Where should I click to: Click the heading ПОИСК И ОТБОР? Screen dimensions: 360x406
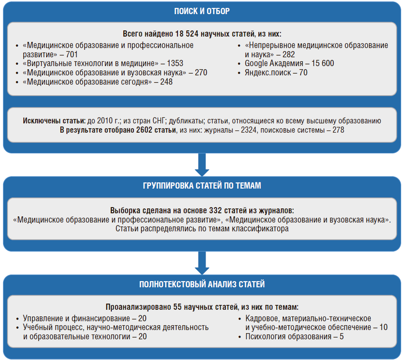click(x=202, y=11)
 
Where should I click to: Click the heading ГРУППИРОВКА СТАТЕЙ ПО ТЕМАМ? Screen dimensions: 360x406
click(x=202, y=186)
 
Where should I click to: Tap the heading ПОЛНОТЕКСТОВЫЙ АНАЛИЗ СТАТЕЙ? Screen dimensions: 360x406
click(x=202, y=284)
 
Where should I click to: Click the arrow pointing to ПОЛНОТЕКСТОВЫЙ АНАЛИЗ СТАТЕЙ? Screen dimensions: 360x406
click(x=202, y=264)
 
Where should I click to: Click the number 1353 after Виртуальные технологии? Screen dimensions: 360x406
click(x=175, y=63)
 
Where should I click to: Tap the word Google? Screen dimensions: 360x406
click(x=256, y=63)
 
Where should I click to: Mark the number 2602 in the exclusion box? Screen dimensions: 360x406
click(x=140, y=130)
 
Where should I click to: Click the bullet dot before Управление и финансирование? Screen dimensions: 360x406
click(x=16, y=319)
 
